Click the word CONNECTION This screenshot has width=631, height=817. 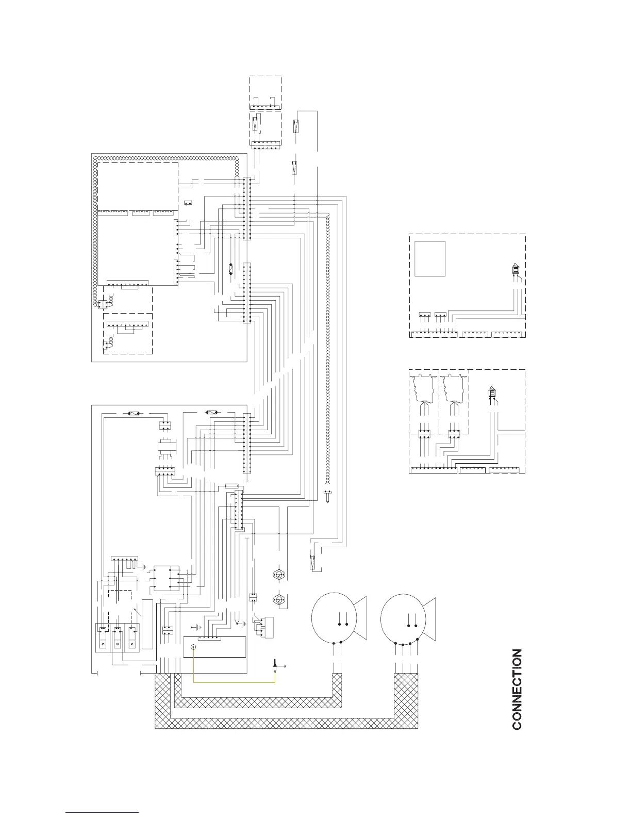coord(517,689)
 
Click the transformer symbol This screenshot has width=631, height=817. coord(165,448)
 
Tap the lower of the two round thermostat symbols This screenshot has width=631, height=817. coord(278,600)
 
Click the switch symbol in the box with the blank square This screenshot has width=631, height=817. coord(516,269)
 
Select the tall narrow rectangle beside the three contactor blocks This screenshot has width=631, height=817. coord(147,624)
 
